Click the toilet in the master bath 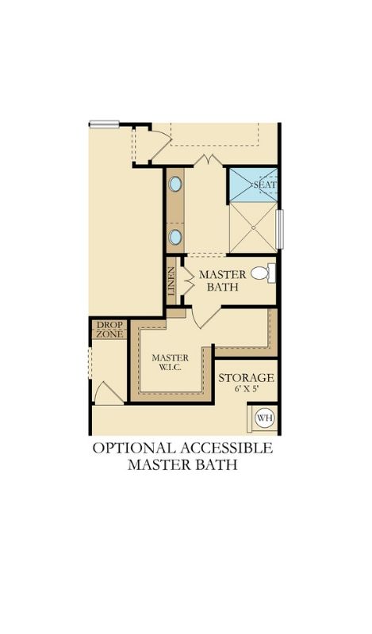[x=263, y=273]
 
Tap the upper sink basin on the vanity [x=175, y=184]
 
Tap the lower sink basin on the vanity [x=175, y=237]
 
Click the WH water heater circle [x=265, y=418]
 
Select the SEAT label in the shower [x=265, y=185]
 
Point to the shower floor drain [x=253, y=227]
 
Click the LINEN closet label [x=171, y=281]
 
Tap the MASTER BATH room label [x=223, y=281]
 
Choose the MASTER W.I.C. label [x=170, y=363]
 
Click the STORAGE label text [x=246, y=378]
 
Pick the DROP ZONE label [x=109, y=330]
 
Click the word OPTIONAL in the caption [x=133, y=448]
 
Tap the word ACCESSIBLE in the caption [x=225, y=448]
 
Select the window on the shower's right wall [x=279, y=229]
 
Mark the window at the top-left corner [x=104, y=124]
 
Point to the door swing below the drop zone [x=109, y=392]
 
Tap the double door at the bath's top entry [x=208, y=160]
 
